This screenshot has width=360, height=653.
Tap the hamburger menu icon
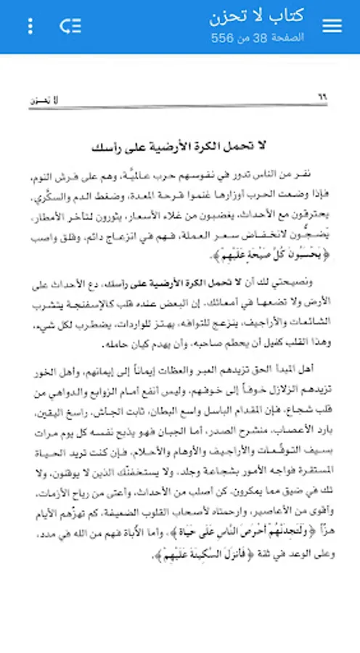[332, 26]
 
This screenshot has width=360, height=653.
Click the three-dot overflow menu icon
[30, 26]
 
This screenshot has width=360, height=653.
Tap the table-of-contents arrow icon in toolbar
[70, 26]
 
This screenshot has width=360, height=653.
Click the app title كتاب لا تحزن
[256, 17]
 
